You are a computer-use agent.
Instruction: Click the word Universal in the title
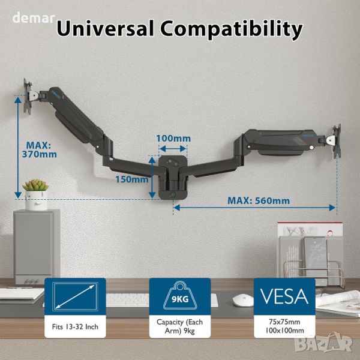click(105, 28)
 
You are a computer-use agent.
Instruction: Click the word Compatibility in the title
click(232, 30)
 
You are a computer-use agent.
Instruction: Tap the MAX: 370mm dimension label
click(39, 149)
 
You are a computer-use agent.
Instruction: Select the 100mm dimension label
click(173, 139)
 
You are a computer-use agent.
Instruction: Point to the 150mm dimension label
click(132, 179)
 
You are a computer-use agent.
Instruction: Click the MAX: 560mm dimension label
click(259, 201)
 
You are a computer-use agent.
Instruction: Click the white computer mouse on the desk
click(243, 300)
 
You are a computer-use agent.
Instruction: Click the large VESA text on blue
click(284, 296)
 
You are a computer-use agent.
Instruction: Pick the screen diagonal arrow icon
click(76, 296)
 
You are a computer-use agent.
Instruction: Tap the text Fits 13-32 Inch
click(75, 327)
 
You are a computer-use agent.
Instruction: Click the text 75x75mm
click(284, 322)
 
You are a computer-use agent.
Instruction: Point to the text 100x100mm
click(284, 331)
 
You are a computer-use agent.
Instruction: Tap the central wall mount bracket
click(173, 177)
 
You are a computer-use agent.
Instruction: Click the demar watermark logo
click(34, 17)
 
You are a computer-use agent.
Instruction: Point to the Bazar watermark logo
click(324, 344)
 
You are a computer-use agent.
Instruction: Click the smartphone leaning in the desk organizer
click(316, 256)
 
